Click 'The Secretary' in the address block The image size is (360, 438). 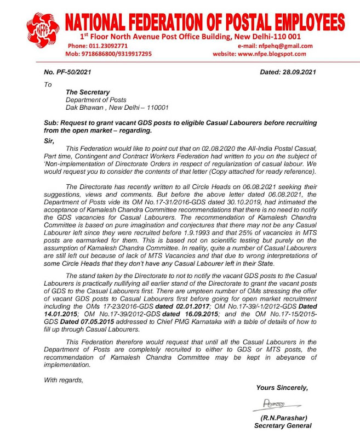pos(88,92)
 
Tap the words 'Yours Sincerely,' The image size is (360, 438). pos(282,388)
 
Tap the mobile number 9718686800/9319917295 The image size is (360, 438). pos(109,54)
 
